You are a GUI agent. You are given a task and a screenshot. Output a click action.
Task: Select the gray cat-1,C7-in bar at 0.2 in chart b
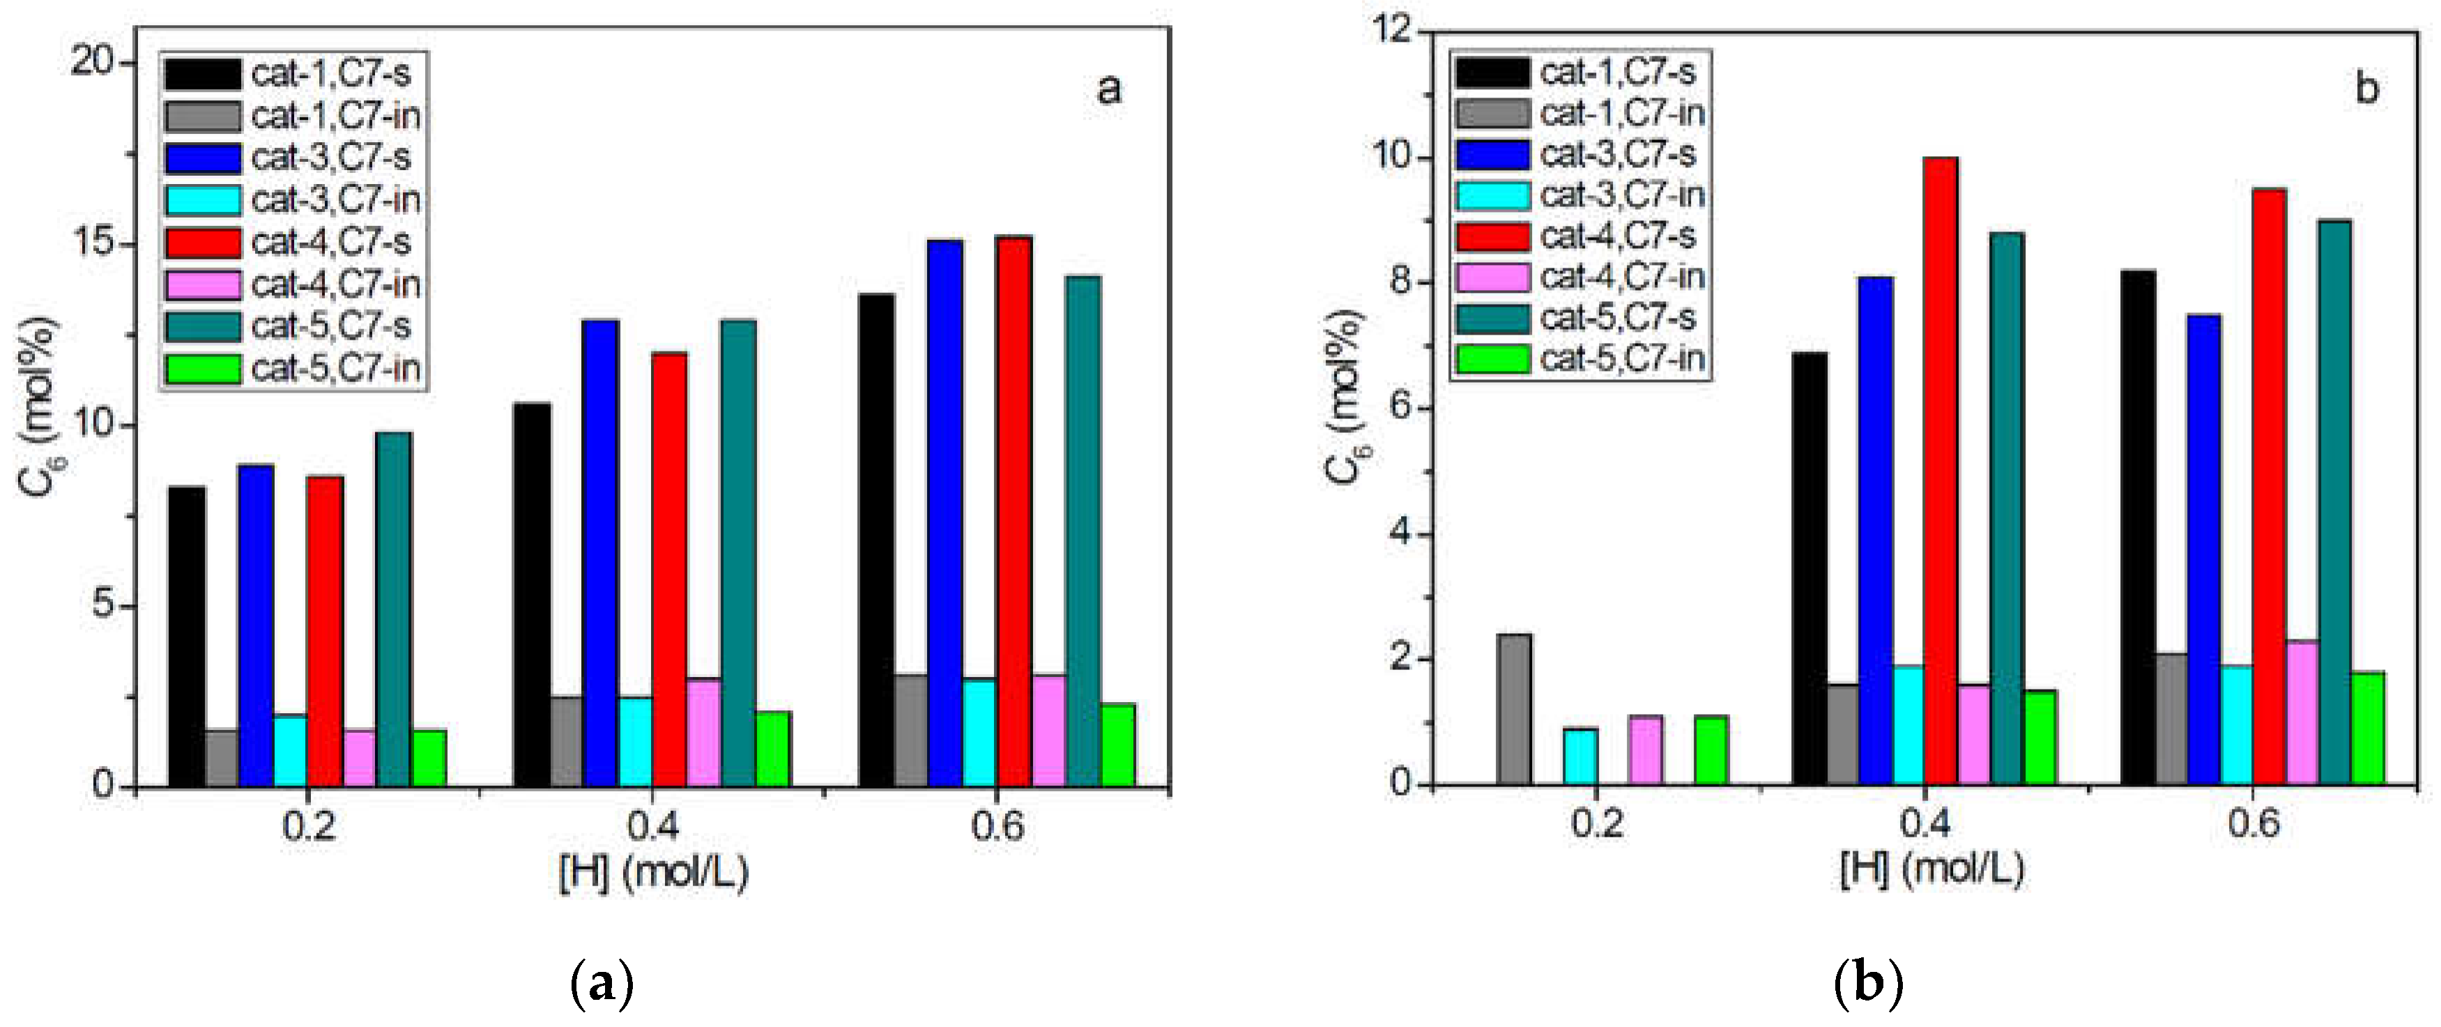[x=1514, y=710]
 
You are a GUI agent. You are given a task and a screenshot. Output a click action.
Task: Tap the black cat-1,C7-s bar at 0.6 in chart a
[x=877, y=540]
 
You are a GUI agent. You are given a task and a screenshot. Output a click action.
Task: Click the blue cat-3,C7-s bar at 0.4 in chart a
[x=601, y=554]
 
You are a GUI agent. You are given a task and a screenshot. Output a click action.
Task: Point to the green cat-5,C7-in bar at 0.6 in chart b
[x=2367, y=729]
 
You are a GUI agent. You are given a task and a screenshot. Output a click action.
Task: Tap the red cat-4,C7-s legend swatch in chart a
[x=203, y=243]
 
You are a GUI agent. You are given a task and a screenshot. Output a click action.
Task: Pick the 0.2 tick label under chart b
[x=1597, y=822]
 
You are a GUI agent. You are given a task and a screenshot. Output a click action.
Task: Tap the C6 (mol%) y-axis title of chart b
[x=1345, y=398]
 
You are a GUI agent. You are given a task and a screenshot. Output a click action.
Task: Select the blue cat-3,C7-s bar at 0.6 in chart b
[x=2204, y=549]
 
